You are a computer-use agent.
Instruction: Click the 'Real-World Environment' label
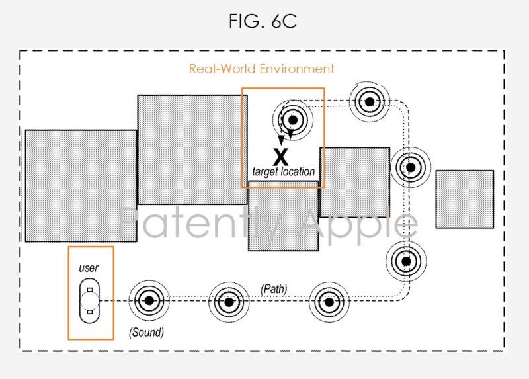pyautogui.click(x=262, y=69)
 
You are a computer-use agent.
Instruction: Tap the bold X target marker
pyautogui.click(x=282, y=157)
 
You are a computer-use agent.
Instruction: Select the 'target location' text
pyautogui.click(x=283, y=172)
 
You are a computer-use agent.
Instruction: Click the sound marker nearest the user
pyautogui.click(x=149, y=301)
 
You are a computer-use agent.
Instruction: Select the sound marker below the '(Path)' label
pyautogui.click(x=229, y=302)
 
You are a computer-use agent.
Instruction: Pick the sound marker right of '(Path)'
pyautogui.click(x=328, y=302)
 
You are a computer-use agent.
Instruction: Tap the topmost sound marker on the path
pyautogui.click(x=369, y=101)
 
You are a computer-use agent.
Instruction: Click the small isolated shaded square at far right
pyautogui.click(x=464, y=199)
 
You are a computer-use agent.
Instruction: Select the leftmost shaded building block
pyautogui.click(x=81, y=185)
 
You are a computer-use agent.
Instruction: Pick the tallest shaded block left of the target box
pyautogui.click(x=191, y=149)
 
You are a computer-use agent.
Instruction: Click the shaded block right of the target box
pyautogui.click(x=354, y=183)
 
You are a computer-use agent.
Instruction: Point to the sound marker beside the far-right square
pyautogui.click(x=410, y=167)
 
